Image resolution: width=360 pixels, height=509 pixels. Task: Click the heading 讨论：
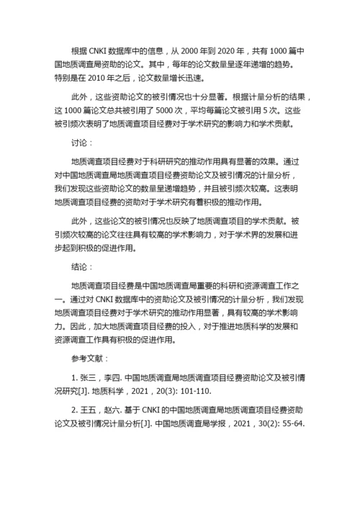[x=84, y=143]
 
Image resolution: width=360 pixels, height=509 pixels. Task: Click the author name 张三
[x=89, y=377]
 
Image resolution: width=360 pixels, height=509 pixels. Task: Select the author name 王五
[x=89, y=410]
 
